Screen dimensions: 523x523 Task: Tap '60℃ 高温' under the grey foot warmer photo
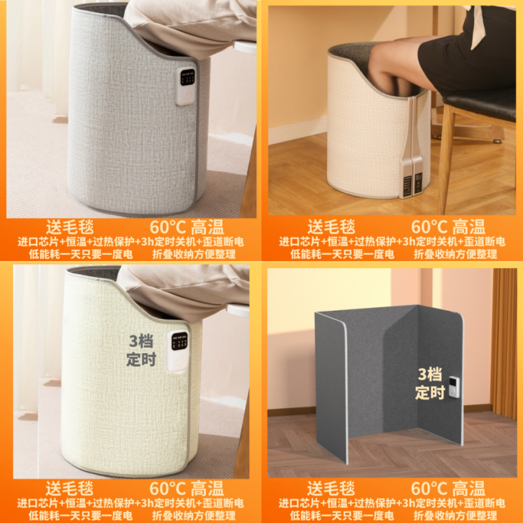187,228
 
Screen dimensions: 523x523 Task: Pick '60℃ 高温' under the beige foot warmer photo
448,228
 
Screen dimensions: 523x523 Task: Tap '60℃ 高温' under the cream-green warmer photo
187,488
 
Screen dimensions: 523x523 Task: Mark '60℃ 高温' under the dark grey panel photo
448,488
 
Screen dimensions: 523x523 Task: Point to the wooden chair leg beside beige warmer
447,157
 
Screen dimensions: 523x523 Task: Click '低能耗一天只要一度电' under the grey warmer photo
80,254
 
